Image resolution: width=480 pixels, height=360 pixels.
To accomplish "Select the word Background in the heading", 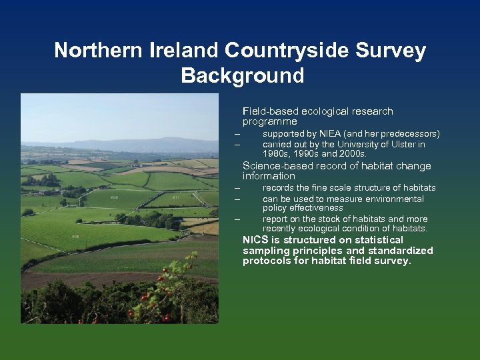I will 241,75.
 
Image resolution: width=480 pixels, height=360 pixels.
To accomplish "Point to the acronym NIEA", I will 329,134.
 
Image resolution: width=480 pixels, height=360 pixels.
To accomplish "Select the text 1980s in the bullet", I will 275,154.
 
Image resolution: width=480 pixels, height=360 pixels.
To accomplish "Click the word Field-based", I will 271,111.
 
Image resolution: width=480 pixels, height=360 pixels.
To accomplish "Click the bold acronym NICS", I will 256,240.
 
